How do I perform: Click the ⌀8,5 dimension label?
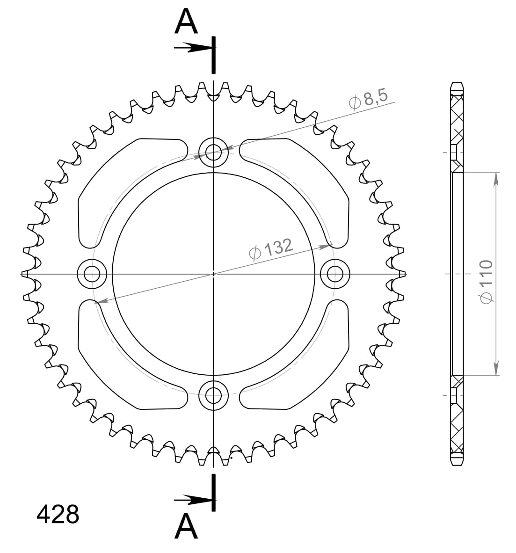[x=369, y=99]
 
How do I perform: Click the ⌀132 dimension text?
[x=270, y=249]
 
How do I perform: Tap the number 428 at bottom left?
[x=58, y=514]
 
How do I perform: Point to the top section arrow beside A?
[x=192, y=47]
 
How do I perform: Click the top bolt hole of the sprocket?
[x=214, y=152]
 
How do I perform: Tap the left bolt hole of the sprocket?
[x=92, y=274]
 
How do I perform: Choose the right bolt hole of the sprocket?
[x=335, y=274]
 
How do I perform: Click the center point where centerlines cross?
[x=214, y=274]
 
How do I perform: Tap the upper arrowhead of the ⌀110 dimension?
[x=496, y=178]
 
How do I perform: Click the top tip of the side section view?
[x=457, y=83]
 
